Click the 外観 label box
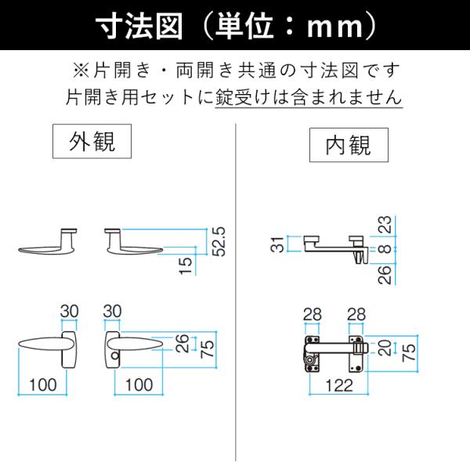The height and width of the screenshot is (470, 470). point(92,141)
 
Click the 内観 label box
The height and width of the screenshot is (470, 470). point(349,145)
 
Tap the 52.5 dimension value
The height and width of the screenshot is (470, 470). point(219,241)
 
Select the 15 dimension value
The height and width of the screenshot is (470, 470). point(186,266)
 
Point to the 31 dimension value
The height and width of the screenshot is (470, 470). point(277,244)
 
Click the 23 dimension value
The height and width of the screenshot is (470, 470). point(385,225)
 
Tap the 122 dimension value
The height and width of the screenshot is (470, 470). point(339,385)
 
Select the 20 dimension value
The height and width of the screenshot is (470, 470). point(385,348)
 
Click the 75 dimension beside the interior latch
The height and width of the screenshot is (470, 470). point(409,352)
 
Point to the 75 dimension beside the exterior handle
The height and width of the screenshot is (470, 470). point(208,349)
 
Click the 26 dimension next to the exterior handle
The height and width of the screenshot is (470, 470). point(183,343)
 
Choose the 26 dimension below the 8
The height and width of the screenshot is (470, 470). point(385,274)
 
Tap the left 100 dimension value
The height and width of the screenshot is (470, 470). point(43,385)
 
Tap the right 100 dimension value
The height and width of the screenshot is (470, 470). point(139,385)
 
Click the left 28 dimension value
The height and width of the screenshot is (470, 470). point(313,314)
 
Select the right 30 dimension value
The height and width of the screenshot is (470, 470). point(112,311)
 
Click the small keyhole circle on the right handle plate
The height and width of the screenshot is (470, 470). point(115,356)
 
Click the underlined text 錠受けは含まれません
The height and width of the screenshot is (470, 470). point(309,97)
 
